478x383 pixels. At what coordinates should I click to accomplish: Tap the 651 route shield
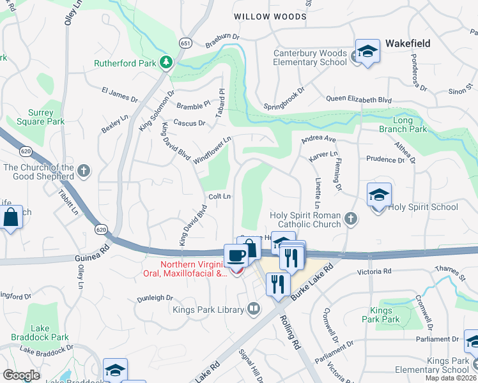pos(185,43)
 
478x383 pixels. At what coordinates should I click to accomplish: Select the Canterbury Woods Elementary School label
pos(310,57)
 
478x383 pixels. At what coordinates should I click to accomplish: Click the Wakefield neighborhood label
pos(407,44)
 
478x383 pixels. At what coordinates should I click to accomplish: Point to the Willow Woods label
pos(270,17)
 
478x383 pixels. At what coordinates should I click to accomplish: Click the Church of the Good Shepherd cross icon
pos(84,170)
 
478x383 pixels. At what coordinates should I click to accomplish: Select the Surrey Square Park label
pos(41,117)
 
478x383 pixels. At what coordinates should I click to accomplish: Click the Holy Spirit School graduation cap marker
pos(379,195)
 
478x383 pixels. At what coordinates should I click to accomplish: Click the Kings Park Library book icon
pos(254,310)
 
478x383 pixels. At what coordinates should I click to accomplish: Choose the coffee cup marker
pos(236,256)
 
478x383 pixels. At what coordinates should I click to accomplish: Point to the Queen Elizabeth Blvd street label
pos(358,100)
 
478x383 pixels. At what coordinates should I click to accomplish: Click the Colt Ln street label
pos(218,197)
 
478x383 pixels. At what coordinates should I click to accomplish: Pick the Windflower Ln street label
pos(212,150)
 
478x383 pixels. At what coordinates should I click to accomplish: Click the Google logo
pos(21,375)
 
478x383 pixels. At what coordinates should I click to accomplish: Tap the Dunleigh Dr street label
pos(155,297)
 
